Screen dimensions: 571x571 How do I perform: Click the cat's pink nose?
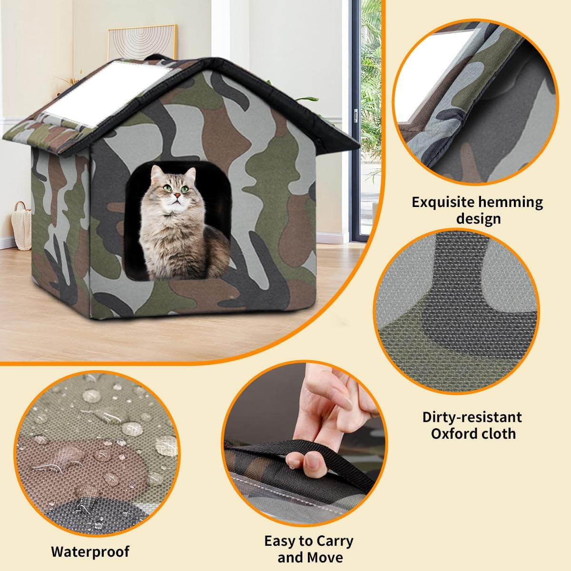tap(176, 195)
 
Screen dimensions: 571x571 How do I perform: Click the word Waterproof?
tap(90, 552)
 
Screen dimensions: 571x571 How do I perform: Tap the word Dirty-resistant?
tap(472, 417)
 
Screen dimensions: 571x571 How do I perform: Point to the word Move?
tap(326, 557)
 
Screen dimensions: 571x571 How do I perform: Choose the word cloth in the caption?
tap(499, 433)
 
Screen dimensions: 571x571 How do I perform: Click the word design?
tap(478, 218)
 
